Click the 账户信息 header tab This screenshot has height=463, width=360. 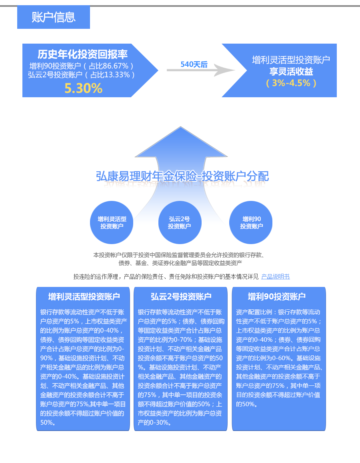coord(54,17)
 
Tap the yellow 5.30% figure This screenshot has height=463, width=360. coord(84,88)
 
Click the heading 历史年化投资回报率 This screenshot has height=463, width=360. coord(83,54)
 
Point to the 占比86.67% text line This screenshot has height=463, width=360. coord(82,66)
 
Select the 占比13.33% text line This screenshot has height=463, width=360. coord(82,75)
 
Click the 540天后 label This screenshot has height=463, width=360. coord(194,64)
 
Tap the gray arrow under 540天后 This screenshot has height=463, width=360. coord(201,70)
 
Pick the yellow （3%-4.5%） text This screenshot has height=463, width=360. coord(291,83)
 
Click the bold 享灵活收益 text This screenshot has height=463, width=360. coord(291,72)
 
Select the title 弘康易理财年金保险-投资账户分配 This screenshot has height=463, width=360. coord(182,176)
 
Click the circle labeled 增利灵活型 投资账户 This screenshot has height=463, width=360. coord(112,222)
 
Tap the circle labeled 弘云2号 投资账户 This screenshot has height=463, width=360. coord(180,222)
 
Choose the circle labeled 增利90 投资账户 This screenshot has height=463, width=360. coord(251,222)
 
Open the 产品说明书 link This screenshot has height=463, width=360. coord(276,277)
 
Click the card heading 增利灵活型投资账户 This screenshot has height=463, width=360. coord(84,297)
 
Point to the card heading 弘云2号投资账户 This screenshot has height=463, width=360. coord(181,297)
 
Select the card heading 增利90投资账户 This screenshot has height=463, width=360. coord(277,297)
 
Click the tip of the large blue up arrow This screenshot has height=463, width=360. coord(180,127)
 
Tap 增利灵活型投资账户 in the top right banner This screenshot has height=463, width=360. coord(291,60)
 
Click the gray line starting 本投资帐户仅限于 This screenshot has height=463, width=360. coord(178,255)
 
